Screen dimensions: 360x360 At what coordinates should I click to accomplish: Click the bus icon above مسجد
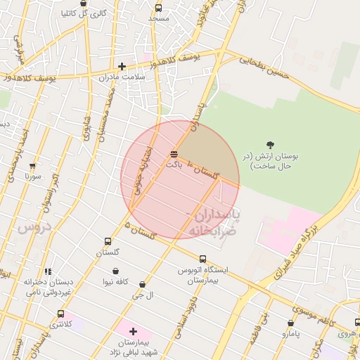(x=158, y=8)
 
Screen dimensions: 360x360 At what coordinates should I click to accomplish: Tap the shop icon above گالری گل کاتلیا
(x=84, y=4)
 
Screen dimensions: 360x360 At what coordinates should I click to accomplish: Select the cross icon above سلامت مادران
(x=122, y=66)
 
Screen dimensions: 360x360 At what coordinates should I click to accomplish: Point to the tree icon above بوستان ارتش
(x=270, y=146)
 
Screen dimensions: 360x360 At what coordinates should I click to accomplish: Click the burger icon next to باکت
(x=174, y=154)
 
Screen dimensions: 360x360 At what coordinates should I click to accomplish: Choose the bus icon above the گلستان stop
(x=108, y=241)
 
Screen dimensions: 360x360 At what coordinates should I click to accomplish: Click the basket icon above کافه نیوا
(x=115, y=271)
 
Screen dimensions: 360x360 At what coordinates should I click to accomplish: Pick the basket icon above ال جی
(x=142, y=285)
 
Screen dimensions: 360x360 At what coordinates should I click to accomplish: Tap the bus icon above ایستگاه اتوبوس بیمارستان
(x=202, y=258)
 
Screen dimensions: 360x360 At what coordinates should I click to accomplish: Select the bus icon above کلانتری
(x=60, y=314)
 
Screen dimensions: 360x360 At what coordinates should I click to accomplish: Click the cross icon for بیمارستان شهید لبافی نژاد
(x=133, y=330)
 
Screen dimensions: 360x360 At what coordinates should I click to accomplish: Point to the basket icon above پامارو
(x=291, y=323)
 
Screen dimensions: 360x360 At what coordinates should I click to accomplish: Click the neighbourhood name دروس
(x=35, y=227)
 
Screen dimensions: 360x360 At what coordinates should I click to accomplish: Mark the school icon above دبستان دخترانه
(x=48, y=271)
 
